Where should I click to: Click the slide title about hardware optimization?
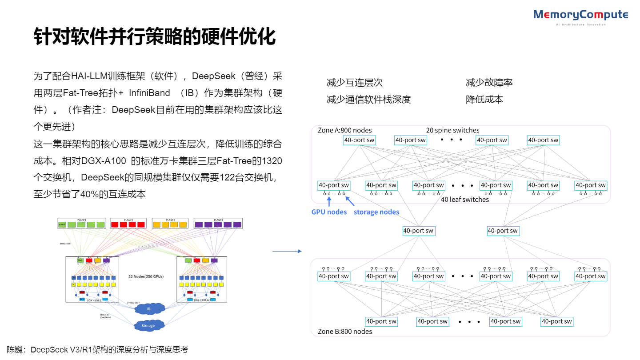pos(155,36)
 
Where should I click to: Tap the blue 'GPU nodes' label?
pos(329,212)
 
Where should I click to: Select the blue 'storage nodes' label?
pos(376,212)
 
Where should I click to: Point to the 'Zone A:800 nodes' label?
pos(345,130)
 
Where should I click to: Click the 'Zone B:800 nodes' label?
pos(345,331)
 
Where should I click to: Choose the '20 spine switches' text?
pos(452,130)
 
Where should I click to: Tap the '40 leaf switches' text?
pos(465,200)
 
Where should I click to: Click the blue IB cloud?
pos(149,308)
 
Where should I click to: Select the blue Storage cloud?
pos(148,326)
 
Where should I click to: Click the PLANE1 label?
pos(81,220)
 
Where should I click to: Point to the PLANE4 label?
pos(218,220)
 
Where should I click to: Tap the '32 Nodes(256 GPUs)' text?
pos(146,276)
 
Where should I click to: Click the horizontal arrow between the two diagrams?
pos(287,252)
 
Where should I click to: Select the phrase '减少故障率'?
pos(489,83)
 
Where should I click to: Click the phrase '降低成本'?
pos(484,100)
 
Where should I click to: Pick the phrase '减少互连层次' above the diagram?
pos(354,83)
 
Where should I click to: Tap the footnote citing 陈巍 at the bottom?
pos(97,350)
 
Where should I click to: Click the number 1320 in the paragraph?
pos(272,160)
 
